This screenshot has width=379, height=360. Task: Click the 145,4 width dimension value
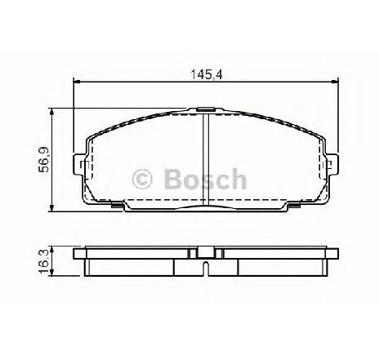[x=207, y=74]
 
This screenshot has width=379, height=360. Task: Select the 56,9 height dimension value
[x=43, y=159]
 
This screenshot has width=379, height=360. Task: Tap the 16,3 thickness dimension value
[x=43, y=261]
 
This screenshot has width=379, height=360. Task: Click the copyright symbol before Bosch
[x=142, y=179]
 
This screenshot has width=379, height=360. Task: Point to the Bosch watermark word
[x=206, y=179]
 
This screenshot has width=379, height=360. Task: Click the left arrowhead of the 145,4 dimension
[x=77, y=81]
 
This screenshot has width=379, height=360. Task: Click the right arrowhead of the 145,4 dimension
[x=334, y=81]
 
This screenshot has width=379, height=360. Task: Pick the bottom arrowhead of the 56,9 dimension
[x=52, y=208]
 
